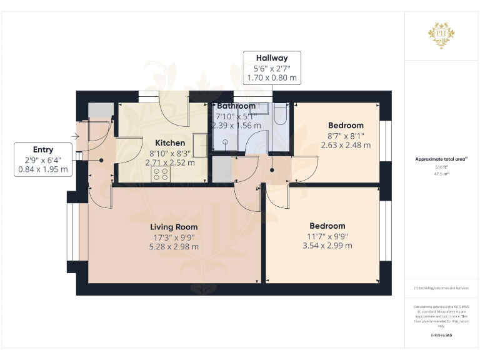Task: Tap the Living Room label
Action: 174,227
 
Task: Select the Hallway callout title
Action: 272,58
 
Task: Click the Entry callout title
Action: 43,149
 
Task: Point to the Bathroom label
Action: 236,106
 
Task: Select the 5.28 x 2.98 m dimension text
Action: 174,246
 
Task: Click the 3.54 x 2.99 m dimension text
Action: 327,245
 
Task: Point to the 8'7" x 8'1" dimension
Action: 346,136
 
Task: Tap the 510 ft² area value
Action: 442,167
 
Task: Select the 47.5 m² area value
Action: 442,174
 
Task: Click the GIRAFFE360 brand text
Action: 441,336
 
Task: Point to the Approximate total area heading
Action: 441,159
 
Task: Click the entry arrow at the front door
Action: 76,136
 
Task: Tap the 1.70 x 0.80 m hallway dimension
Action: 272,79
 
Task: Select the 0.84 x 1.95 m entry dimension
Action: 43,169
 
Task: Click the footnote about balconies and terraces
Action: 441,287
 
